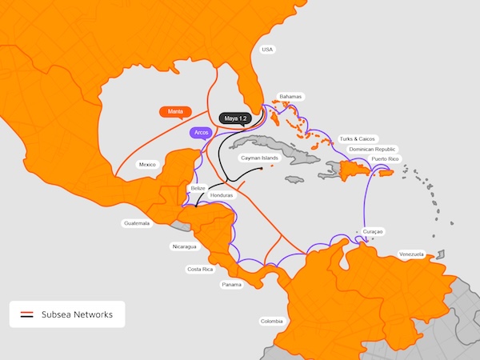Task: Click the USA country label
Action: click(x=267, y=50)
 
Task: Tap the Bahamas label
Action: click(x=290, y=97)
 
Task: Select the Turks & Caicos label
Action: click(x=357, y=138)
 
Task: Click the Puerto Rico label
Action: click(x=385, y=159)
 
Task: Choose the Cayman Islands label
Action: click(x=259, y=158)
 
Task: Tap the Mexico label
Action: click(x=147, y=165)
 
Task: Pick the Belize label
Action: click(x=199, y=186)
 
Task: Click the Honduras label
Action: click(x=221, y=195)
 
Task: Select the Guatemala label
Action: click(x=137, y=223)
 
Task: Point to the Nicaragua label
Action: click(x=183, y=246)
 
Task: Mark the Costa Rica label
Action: click(x=200, y=270)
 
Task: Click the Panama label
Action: click(x=231, y=285)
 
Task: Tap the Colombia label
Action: click(x=271, y=322)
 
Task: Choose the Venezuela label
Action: click(x=410, y=254)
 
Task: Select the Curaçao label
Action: click(x=373, y=231)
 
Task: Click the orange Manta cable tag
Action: click(x=174, y=112)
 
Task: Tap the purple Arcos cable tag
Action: click(x=202, y=133)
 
